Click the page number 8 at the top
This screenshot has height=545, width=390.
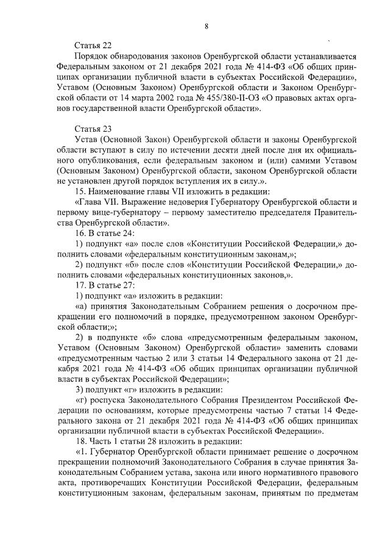[207, 25]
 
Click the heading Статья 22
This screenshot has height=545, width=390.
[93, 46]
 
